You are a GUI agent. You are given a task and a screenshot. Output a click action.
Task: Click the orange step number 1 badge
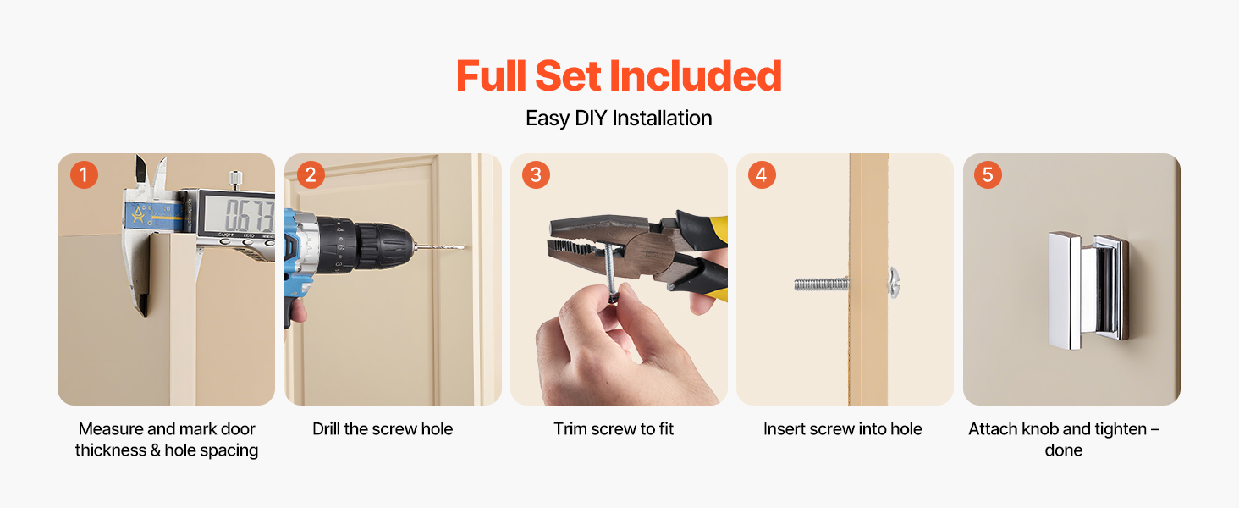tap(84, 175)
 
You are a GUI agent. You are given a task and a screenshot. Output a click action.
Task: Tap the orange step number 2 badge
tap(311, 175)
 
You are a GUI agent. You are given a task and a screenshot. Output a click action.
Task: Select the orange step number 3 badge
tap(536, 175)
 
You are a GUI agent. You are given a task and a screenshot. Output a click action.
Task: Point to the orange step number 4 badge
tap(762, 175)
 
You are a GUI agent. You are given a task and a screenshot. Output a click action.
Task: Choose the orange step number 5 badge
tap(988, 175)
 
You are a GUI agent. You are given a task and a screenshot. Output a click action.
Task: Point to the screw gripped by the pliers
tap(611, 274)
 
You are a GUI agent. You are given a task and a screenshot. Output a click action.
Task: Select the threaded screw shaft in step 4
tap(822, 284)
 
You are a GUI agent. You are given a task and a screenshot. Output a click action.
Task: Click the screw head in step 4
tap(894, 283)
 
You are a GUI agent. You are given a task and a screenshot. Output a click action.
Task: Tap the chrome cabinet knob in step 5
tap(1088, 290)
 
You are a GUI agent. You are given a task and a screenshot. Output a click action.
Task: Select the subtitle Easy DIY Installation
tap(619, 118)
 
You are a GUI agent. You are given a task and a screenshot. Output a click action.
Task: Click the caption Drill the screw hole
tap(383, 429)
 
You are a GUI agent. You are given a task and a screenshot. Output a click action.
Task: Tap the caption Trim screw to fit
tap(614, 429)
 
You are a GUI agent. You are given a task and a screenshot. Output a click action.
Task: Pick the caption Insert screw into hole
tap(842, 429)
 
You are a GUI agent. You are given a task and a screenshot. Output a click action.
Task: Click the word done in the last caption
tap(1064, 450)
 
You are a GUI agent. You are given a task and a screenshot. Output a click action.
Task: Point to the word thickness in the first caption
tap(111, 450)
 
